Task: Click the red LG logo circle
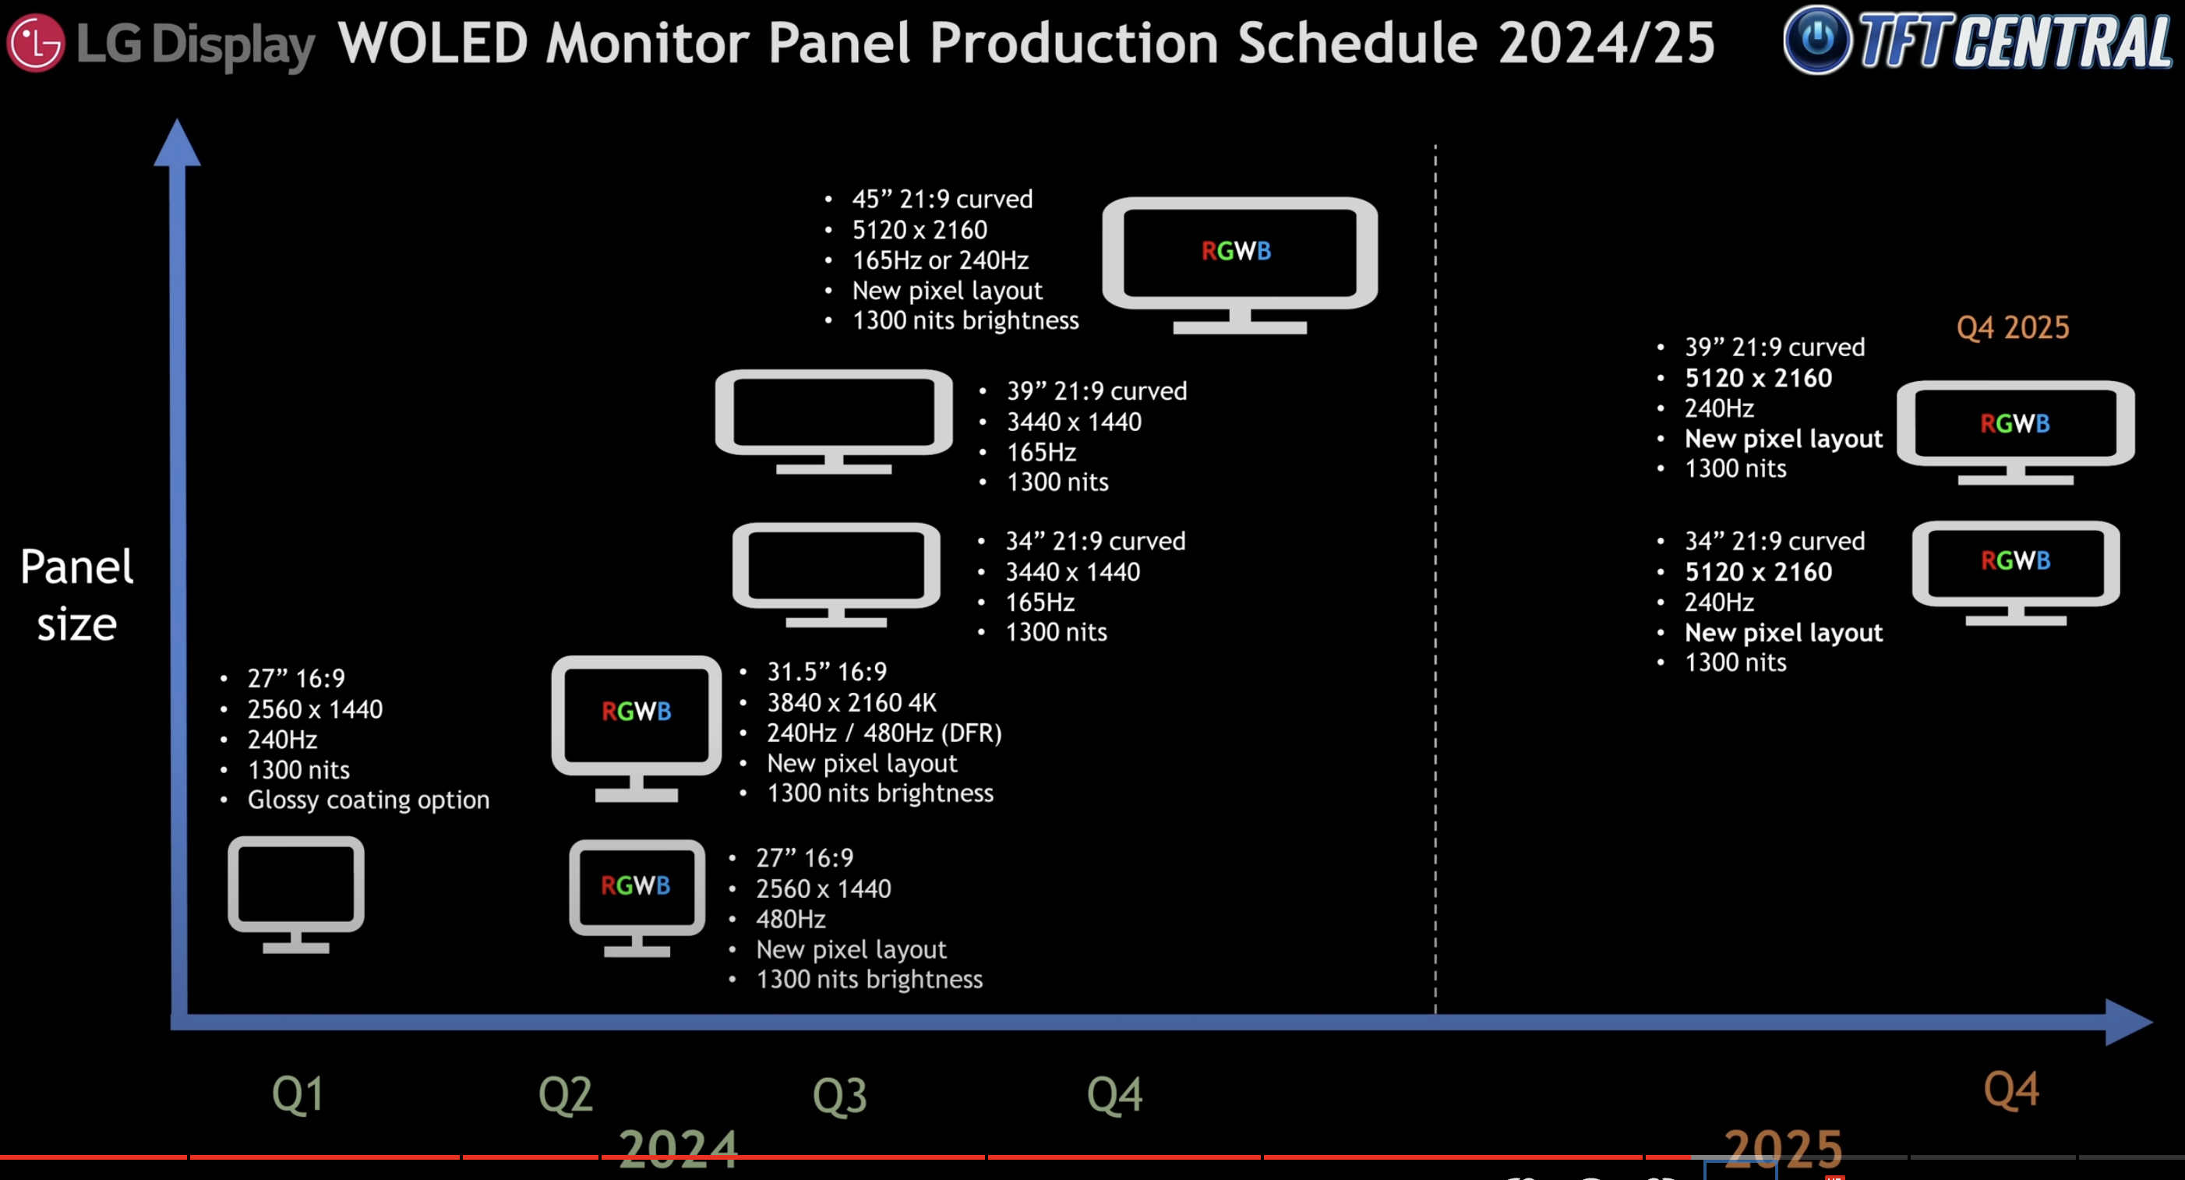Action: tap(35, 42)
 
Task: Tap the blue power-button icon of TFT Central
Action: tap(1817, 39)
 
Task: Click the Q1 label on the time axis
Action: tap(298, 1094)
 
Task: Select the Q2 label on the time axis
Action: tap(566, 1094)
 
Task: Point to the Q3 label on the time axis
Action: tap(840, 1094)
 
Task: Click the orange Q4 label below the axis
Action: tap(2011, 1090)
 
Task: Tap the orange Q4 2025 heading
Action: tap(2013, 327)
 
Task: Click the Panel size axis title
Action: tap(76, 595)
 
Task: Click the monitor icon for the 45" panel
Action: tap(1239, 266)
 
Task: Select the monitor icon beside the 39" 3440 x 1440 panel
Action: tap(834, 422)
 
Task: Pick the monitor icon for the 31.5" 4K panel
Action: tap(636, 729)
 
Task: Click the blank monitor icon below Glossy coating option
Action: tap(296, 895)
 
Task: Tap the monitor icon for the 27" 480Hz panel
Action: tap(637, 899)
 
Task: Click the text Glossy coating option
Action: tap(368, 800)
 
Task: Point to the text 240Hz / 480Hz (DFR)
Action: tap(884, 733)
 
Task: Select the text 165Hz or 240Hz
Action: tap(940, 260)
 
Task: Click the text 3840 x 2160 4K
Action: tap(852, 702)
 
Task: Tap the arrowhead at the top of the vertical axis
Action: tap(176, 143)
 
